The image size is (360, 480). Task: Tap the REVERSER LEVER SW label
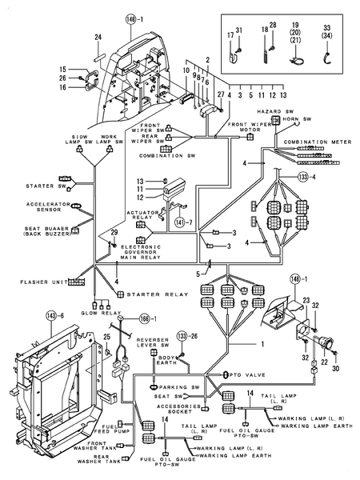click(153, 346)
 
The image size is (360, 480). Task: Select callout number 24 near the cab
click(98, 37)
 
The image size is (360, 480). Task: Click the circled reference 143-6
click(53, 317)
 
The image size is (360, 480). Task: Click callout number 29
click(114, 232)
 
